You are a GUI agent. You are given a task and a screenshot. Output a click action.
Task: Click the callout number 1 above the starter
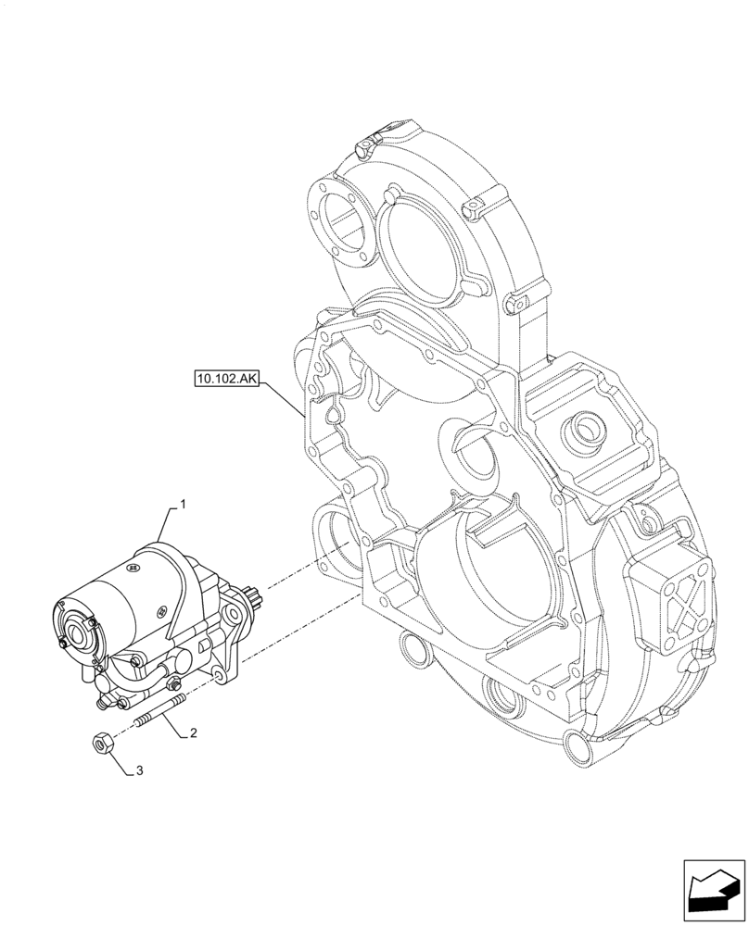pos(183,505)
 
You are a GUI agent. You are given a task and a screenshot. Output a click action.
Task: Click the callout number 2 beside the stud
pos(192,733)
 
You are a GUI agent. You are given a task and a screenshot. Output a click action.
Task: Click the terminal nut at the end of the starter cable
pos(172,686)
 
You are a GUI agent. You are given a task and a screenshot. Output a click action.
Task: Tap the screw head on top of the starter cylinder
pos(162,608)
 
